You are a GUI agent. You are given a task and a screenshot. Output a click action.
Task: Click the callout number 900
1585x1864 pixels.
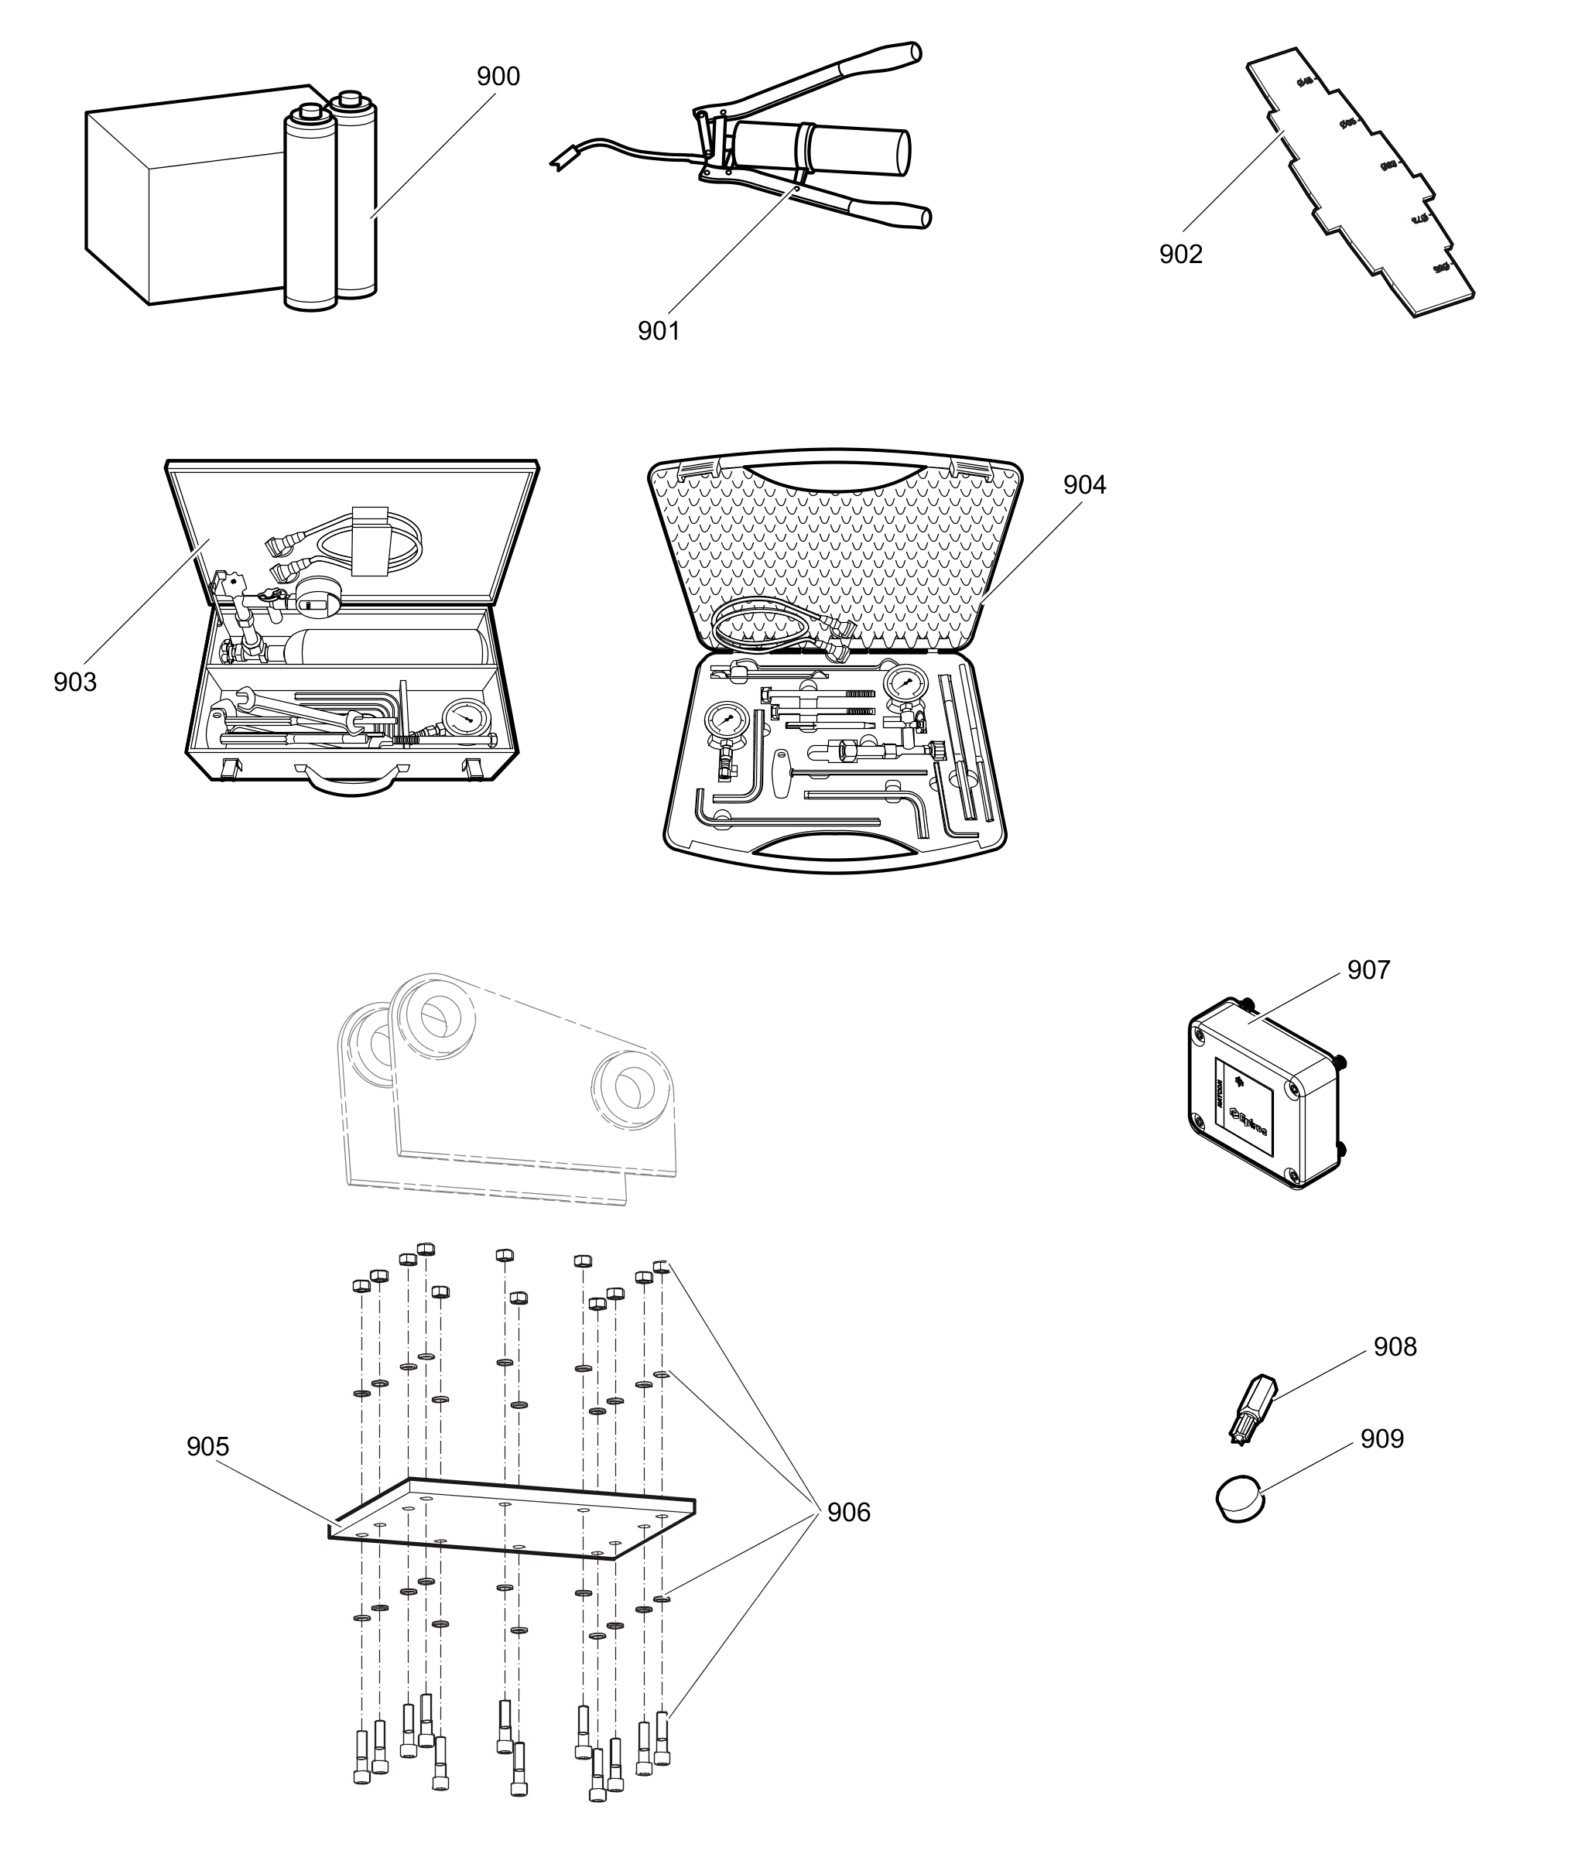click(x=498, y=77)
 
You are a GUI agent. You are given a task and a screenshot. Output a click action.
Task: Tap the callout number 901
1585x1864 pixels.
click(x=659, y=331)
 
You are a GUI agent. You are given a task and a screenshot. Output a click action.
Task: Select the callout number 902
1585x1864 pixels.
click(x=1179, y=255)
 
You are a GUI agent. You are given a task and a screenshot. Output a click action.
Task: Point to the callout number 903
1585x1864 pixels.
click(x=74, y=682)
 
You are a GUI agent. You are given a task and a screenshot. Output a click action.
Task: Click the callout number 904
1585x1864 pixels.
click(x=1084, y=485)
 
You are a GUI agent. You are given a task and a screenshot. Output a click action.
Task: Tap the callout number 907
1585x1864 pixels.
click(x=1368, y=970)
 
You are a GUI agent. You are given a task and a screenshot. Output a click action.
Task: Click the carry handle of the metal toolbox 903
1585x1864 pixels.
click(x=351, y=782)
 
